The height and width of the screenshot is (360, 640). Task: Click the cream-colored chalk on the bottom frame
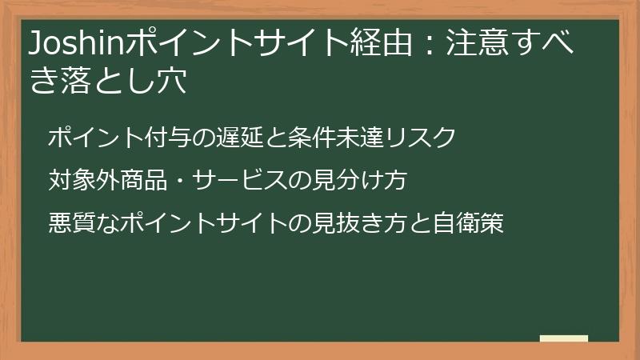pyautogui.click(x=564, y=338)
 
